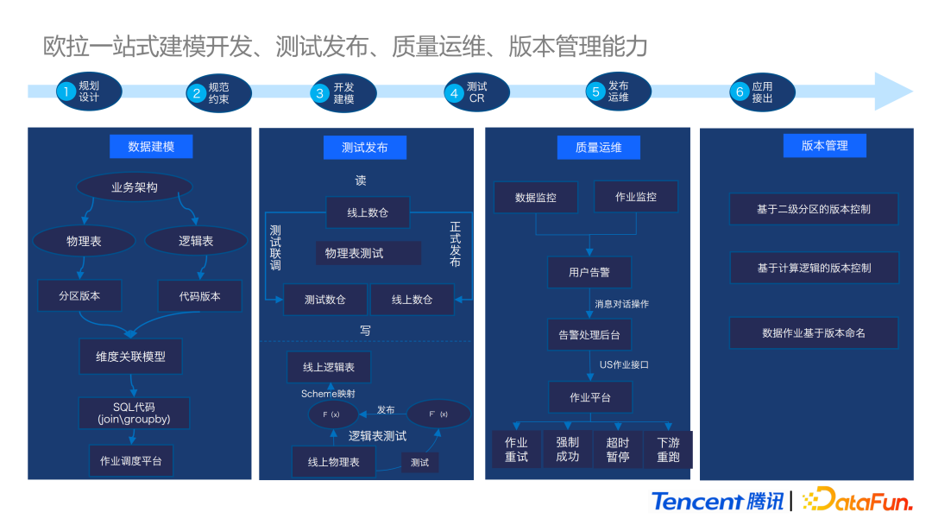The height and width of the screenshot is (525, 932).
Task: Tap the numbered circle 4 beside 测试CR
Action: [455, 92]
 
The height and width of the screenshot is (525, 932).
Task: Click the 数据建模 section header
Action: [151, 147]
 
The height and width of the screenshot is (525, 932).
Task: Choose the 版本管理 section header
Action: [824, 146]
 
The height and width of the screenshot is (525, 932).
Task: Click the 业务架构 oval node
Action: [134, 187]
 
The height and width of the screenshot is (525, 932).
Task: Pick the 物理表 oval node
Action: [84, 242]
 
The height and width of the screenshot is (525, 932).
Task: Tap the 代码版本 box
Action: [199, 296]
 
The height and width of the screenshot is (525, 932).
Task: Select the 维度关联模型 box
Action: [130, 356]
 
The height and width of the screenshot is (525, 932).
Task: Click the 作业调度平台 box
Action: [130, 460]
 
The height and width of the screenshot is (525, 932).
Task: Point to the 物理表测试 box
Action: [367, 254]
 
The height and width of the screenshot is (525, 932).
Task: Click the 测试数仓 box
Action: [324, 300]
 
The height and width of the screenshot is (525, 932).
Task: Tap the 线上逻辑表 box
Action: [328, 367]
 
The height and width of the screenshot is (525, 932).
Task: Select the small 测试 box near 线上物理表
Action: [419, 462]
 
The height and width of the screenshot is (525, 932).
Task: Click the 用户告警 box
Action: [589, 272]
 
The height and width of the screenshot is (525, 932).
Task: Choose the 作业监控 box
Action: [636, 197]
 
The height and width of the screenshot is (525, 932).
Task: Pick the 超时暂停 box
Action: [618, 449]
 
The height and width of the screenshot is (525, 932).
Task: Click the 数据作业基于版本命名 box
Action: [813, 332]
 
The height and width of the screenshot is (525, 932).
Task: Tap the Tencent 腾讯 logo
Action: [718, 501]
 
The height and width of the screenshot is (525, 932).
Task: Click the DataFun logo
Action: [857, 500]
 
